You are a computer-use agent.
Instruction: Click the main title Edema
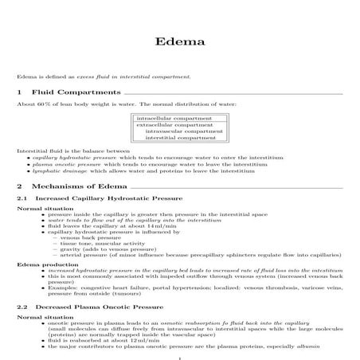click(180, 41)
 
